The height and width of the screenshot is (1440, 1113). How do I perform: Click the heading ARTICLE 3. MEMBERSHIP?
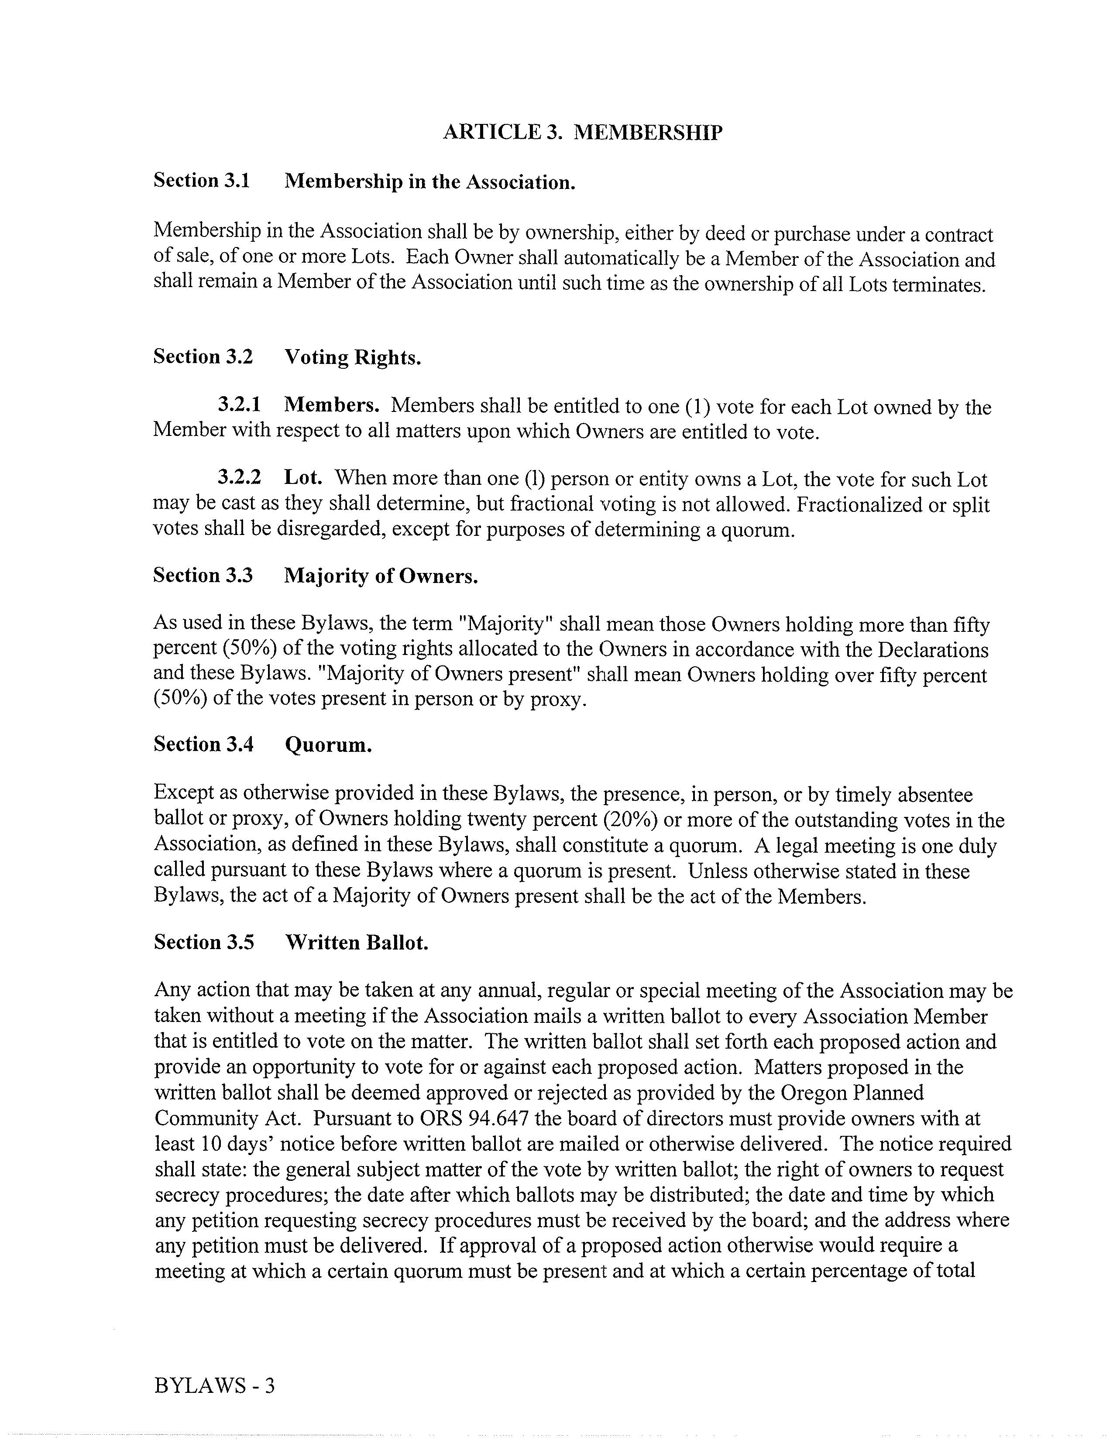582,133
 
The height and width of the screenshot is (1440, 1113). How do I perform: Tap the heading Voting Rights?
352,357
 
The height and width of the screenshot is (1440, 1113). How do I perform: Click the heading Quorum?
328,745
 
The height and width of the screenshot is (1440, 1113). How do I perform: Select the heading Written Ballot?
356,943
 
